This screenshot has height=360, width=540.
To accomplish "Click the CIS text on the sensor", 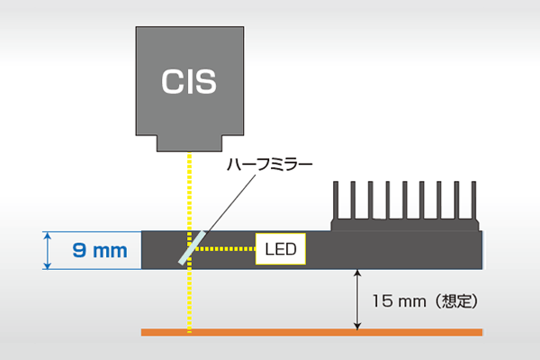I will tap(189, 81).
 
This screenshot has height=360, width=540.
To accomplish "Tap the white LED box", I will tap(281, 248).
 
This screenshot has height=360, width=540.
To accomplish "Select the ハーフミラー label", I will tap(269, 166).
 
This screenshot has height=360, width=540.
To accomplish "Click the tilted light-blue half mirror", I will tap(193, 247).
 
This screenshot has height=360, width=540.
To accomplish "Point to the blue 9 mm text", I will tap(99, 250).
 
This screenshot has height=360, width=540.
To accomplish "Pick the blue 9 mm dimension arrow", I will tap(48, 250).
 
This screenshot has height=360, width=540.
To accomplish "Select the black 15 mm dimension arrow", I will tap(358, 301).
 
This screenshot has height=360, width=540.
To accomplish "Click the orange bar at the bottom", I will tap(311, 332).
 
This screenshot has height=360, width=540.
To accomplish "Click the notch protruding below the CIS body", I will tap(189, 144).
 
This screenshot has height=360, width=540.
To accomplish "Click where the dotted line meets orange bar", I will tap(190, 332).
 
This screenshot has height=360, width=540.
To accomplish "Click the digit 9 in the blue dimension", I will tap(79, 250).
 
